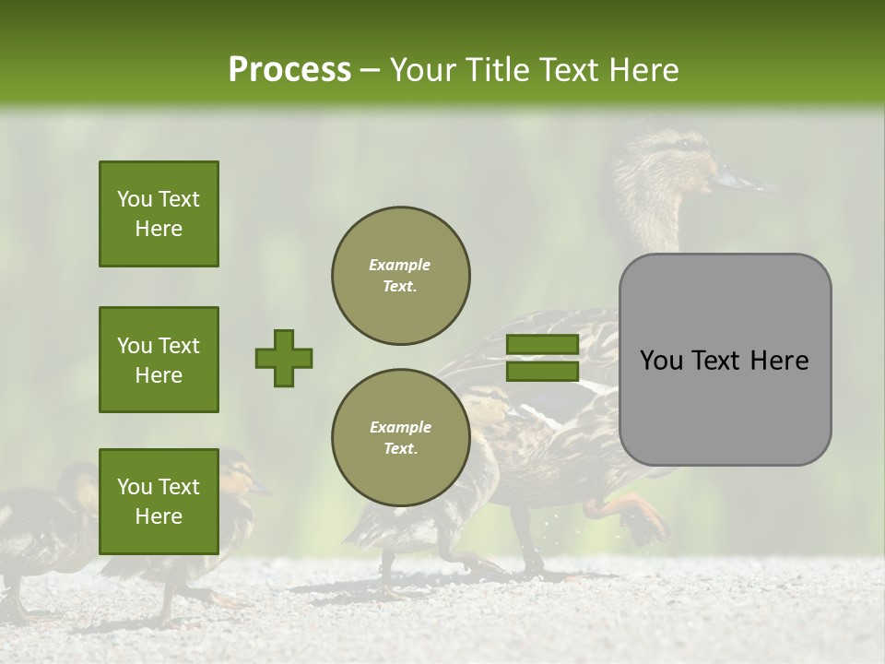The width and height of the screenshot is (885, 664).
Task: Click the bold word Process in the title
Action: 289,70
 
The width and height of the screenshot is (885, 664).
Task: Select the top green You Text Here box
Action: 159,214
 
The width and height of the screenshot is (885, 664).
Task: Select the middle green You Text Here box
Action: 159,360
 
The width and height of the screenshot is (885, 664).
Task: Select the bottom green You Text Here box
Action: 159,501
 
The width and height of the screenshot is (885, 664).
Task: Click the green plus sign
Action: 284,358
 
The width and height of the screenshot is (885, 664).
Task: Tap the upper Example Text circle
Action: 400,276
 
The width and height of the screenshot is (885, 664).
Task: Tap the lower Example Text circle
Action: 400,438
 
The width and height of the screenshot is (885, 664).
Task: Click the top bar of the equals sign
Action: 542,344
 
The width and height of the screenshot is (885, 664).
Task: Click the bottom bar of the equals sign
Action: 542,371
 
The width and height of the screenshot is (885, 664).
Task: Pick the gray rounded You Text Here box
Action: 725,360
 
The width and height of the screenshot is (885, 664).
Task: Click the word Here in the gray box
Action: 779,361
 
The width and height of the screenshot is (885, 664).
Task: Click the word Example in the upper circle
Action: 400,266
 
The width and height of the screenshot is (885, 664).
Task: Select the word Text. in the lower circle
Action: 400,449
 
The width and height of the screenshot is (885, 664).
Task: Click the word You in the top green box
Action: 134,199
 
